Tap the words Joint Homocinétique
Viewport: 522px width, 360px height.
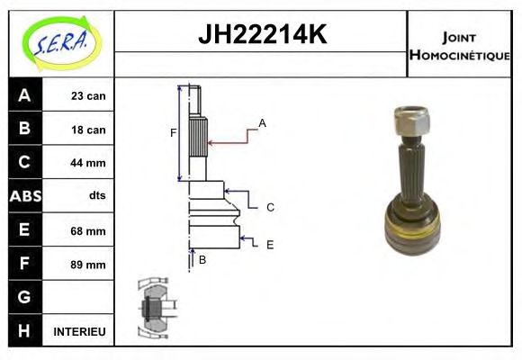(459, 45)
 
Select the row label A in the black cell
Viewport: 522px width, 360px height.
(24, 95)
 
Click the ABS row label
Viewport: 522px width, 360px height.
(24, 196)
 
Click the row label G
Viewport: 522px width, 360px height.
(24, 297)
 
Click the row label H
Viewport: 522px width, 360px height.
(24, 331)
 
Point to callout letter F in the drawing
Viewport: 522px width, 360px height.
(173, 133)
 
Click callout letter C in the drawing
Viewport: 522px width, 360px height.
(269, 207)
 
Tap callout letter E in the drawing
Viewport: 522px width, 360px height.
(269, 244)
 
